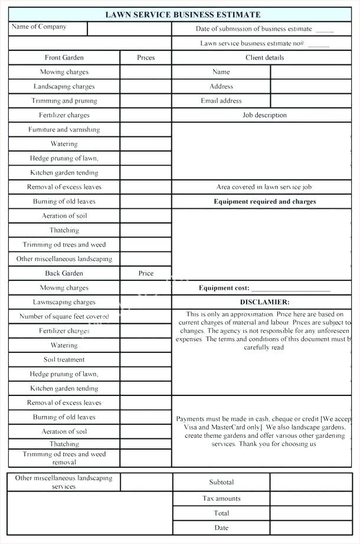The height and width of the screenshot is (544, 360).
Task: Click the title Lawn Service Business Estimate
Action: (182, 14)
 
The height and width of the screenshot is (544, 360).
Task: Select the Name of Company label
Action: (39, 27)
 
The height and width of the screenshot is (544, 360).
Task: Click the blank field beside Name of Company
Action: (129, 28)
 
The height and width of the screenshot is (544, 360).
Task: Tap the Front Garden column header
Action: (64, 58)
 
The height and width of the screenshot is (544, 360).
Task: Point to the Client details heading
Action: (264, 58)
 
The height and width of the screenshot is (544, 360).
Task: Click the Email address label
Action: (221, 101)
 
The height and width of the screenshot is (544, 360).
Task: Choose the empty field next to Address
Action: (310, 86)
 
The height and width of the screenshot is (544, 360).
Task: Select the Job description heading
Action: (264, 115)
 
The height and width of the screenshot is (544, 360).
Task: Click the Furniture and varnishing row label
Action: (64, 129)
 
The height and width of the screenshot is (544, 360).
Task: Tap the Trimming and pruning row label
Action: (64, 101)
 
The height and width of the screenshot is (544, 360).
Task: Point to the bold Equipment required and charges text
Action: (264, 202)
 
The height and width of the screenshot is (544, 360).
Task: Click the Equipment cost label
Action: (224, 289)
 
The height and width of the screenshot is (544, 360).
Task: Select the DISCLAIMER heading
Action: (264, 302)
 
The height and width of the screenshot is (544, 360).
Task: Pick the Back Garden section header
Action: (64, 274)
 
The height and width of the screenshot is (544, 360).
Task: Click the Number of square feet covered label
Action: (64, 317)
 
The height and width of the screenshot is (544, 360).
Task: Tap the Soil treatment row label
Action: (64, 360)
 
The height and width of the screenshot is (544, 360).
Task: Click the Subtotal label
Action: (221, 483)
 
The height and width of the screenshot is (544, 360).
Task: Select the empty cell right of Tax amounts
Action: (310, 499)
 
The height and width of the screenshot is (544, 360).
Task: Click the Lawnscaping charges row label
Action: (64, 302)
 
